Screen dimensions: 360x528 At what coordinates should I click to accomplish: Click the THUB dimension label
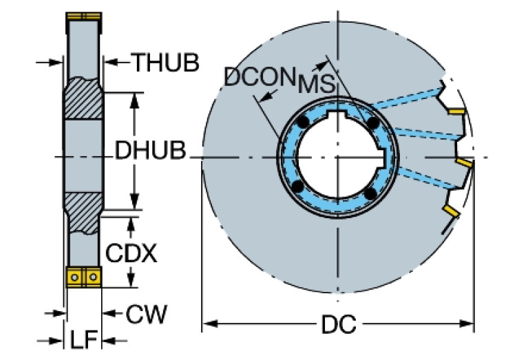point(166,63)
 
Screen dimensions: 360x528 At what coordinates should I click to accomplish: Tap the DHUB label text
point(151,151)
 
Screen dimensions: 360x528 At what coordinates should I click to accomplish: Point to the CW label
point(147,315)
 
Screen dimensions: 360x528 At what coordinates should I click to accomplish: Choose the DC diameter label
point(338,324)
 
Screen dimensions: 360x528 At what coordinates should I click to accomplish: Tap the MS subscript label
point(317,85)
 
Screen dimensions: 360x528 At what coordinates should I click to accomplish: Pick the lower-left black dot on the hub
point(297,187)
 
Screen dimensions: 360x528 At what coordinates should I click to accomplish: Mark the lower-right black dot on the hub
point(371,195)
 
